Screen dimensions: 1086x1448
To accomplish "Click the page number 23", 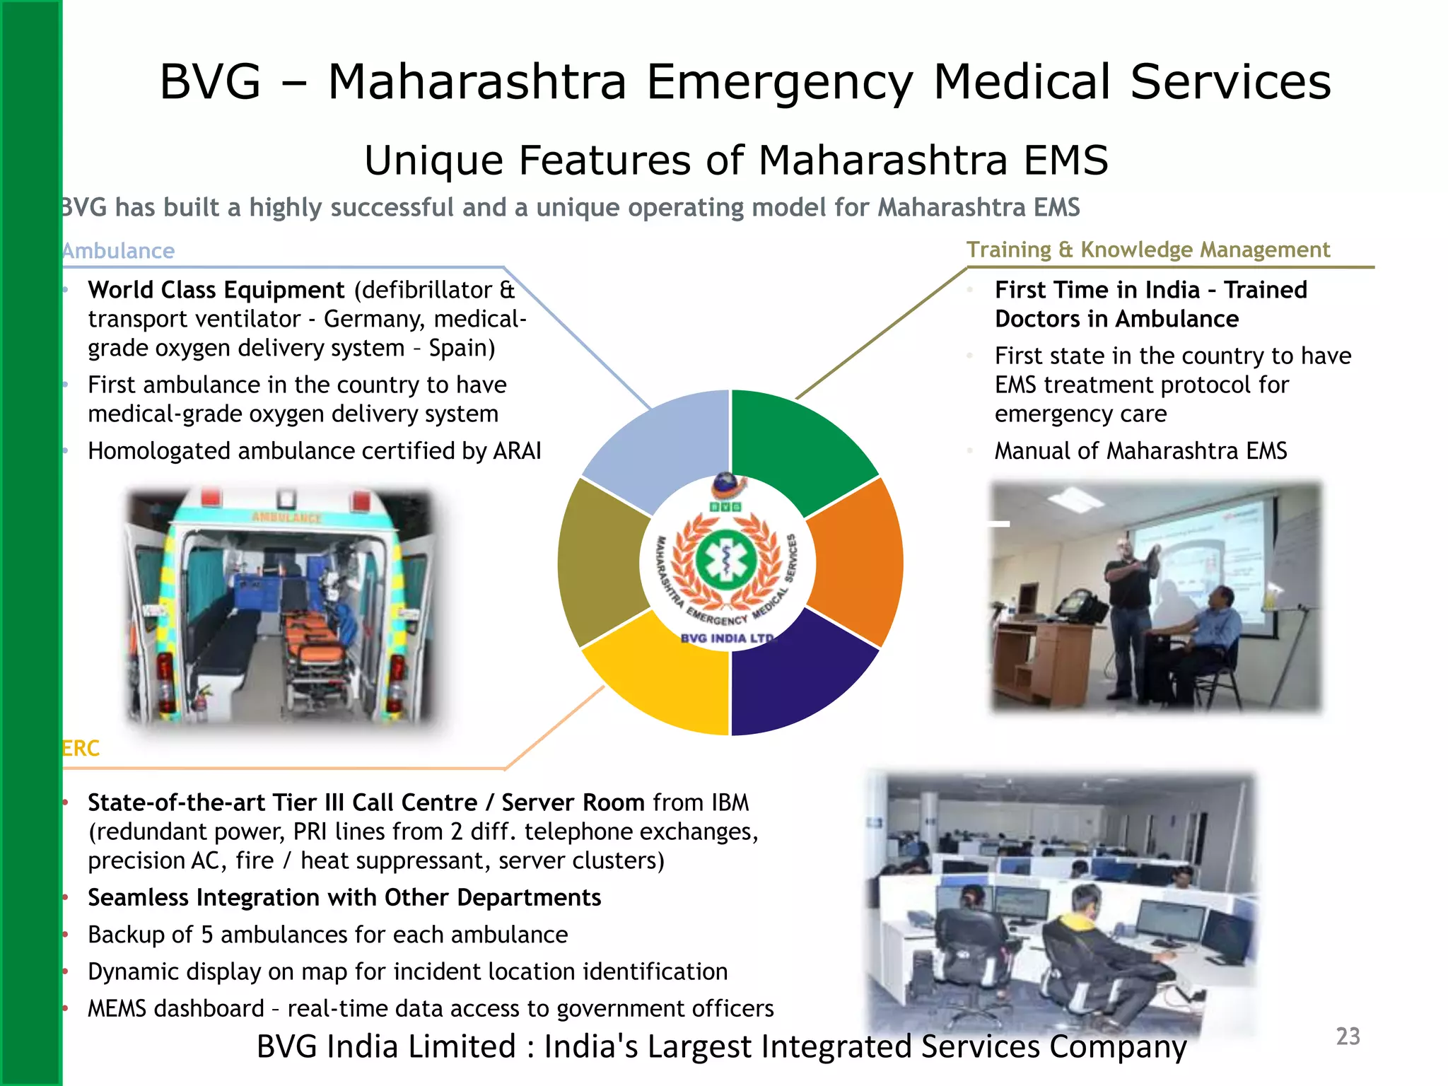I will pos(1348,1037).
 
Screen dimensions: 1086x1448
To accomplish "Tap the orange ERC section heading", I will pos(81,748).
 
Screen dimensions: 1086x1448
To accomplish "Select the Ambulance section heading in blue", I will pos(118,251).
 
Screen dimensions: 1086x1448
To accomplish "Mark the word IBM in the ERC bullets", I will pos(730,802).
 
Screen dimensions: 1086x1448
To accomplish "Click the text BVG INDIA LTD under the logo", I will pos(727,638).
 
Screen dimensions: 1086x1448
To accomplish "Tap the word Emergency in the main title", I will pos(779,82).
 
